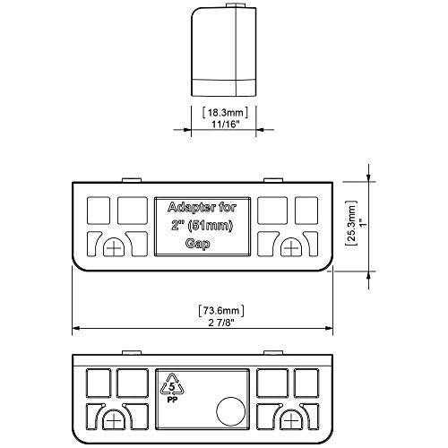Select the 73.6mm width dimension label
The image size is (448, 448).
[221, 311]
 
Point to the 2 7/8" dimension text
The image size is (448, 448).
[221, 323]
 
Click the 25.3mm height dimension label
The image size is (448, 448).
[352, 223]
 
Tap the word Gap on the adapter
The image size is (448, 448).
[197, 244]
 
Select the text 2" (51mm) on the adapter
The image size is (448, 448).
[202, 226]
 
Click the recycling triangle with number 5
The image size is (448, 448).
[172, 384]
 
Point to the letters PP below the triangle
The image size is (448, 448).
[172, 401]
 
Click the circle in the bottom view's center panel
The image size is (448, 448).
[230, 411]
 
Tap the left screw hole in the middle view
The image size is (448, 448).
[114, 247]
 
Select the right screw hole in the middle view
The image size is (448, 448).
[291, 247]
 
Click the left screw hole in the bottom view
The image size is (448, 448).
[113, 419]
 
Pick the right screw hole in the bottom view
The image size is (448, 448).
[290, 419]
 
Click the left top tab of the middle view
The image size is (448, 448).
[132, 180]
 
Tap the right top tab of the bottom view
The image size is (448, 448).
[273, 353]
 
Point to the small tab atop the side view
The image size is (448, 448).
[236, 5]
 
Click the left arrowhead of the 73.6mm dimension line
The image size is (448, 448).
[76, 328]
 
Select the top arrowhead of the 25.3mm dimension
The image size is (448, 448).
[369, 177]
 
